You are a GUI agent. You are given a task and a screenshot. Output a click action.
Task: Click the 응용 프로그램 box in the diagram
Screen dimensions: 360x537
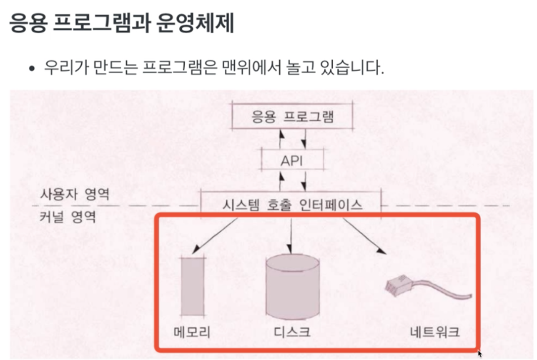click(292, 116)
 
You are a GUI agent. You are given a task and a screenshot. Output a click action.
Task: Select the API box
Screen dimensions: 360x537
click(291, 160)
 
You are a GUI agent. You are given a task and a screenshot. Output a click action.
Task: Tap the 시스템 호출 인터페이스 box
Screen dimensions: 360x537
click(291, 205)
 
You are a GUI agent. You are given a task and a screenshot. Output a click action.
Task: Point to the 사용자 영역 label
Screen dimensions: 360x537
click(75, 194)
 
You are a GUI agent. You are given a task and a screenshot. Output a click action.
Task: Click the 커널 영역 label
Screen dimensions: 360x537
click(68, 217)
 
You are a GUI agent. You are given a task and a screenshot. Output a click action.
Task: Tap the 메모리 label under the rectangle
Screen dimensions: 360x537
click(192, 332)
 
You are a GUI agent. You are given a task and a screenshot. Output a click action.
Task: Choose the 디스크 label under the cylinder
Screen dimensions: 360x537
click(292, 332)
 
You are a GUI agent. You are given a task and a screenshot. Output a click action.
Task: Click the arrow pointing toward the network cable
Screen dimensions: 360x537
click(363, 236)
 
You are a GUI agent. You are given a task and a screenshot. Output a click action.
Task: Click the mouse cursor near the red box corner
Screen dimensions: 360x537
click(480, 354)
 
